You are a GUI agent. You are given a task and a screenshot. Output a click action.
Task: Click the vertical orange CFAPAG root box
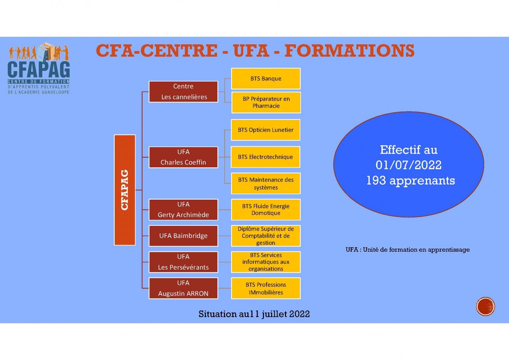pyautogui.click(x=125, y=190)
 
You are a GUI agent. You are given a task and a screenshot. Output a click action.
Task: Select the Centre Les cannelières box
pyautogui.click(x=183, y=92)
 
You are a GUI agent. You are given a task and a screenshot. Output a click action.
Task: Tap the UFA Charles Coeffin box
pyautogui.click(x=183, y=157)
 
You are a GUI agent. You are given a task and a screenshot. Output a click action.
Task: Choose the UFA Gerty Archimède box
pyautogui.click(x=183, y=210)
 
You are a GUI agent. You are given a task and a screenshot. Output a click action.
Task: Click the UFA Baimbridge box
pyautogui.click(x=183, y=236)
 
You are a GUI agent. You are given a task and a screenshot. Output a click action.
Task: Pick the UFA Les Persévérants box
pyautogui.click(x=183, y=262)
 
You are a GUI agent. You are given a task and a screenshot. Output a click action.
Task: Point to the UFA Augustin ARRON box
pyautogui.click(x=183, y=288)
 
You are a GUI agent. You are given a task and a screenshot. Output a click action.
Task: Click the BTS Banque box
pyautogui.click(x=266, y=79)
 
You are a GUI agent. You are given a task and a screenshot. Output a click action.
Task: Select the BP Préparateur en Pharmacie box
pyautogui.click(x=266, y=102)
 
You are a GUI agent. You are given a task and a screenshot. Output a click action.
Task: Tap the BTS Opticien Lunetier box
pyautogui.click(x=266, y=130)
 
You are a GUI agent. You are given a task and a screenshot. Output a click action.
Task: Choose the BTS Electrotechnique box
pyautogui.click(x=266, y=157)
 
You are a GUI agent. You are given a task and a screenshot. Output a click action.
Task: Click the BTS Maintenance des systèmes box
pyautogui.click(x=266, y=183)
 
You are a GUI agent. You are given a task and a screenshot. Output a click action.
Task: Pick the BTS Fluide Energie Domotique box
pyautogui.click(x=266, y=210)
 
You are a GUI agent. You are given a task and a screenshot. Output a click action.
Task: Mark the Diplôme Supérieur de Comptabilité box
pyautogui.click(x=266, y=236)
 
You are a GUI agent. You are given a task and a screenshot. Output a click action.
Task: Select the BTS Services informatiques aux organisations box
pyautogui.click(x=266, y=262)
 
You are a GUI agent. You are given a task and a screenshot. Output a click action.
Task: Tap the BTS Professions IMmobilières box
pyautogui.click(x=266, y=288)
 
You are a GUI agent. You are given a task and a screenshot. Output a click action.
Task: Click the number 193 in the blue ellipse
pyautogui.click(x=376, y=181)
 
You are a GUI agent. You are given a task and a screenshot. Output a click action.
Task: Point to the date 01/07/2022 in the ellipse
pyautogui.click(x=408, y=165)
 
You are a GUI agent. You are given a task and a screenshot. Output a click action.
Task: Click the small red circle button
pyautogui.click(x=485, y=306)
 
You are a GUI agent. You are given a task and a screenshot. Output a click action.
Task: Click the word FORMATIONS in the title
pyautogui.click(x=349, y=51)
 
